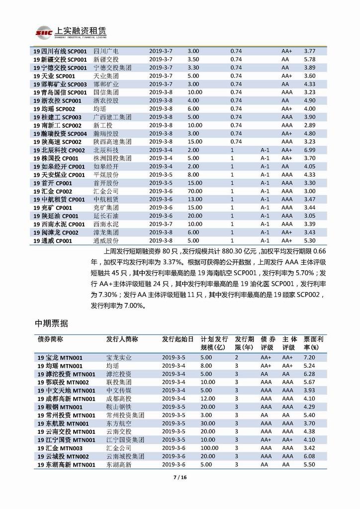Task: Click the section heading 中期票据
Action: pyautogui.click(x=51, y=323)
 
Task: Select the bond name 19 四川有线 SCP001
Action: pyautogui.click(x=60, y=51)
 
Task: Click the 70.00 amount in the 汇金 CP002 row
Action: pyautogui.click(x=195, y=191)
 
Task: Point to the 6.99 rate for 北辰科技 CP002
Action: pyautogui.click(x=309, y=150)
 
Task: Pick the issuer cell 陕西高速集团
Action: pyautogui.click(x=112, y=142)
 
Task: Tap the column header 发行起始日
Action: pyautogui.click(x=178, y=339)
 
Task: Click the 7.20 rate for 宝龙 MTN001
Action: pyautogui.click(x=310, y=357)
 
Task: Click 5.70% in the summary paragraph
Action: pyautogui.click(x=303, y=273)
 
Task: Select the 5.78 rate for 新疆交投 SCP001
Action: pyautogui.click(x=309, y=59)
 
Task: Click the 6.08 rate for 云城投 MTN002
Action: pyautogui.click(x=310, y=456)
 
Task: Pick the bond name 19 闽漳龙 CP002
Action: pyautogui.click(x=56, y=232)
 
